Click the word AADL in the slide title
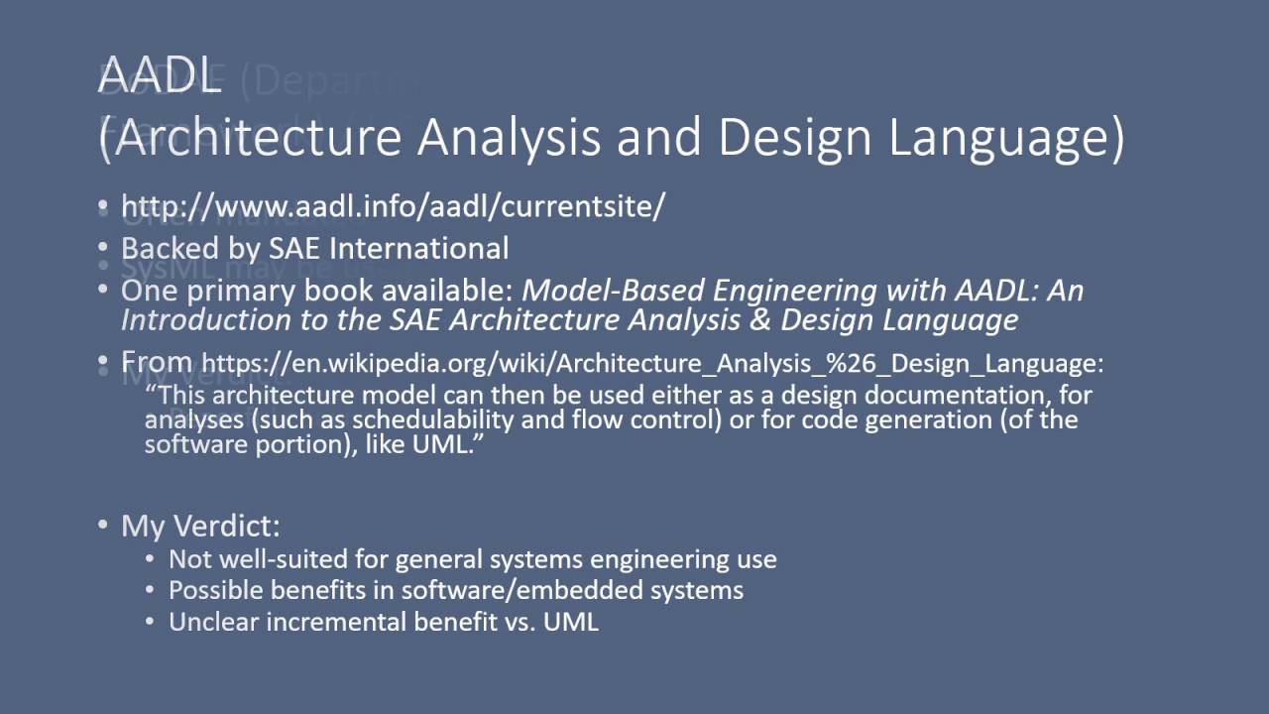159,76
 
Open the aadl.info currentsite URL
393,206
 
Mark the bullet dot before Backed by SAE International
103,248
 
